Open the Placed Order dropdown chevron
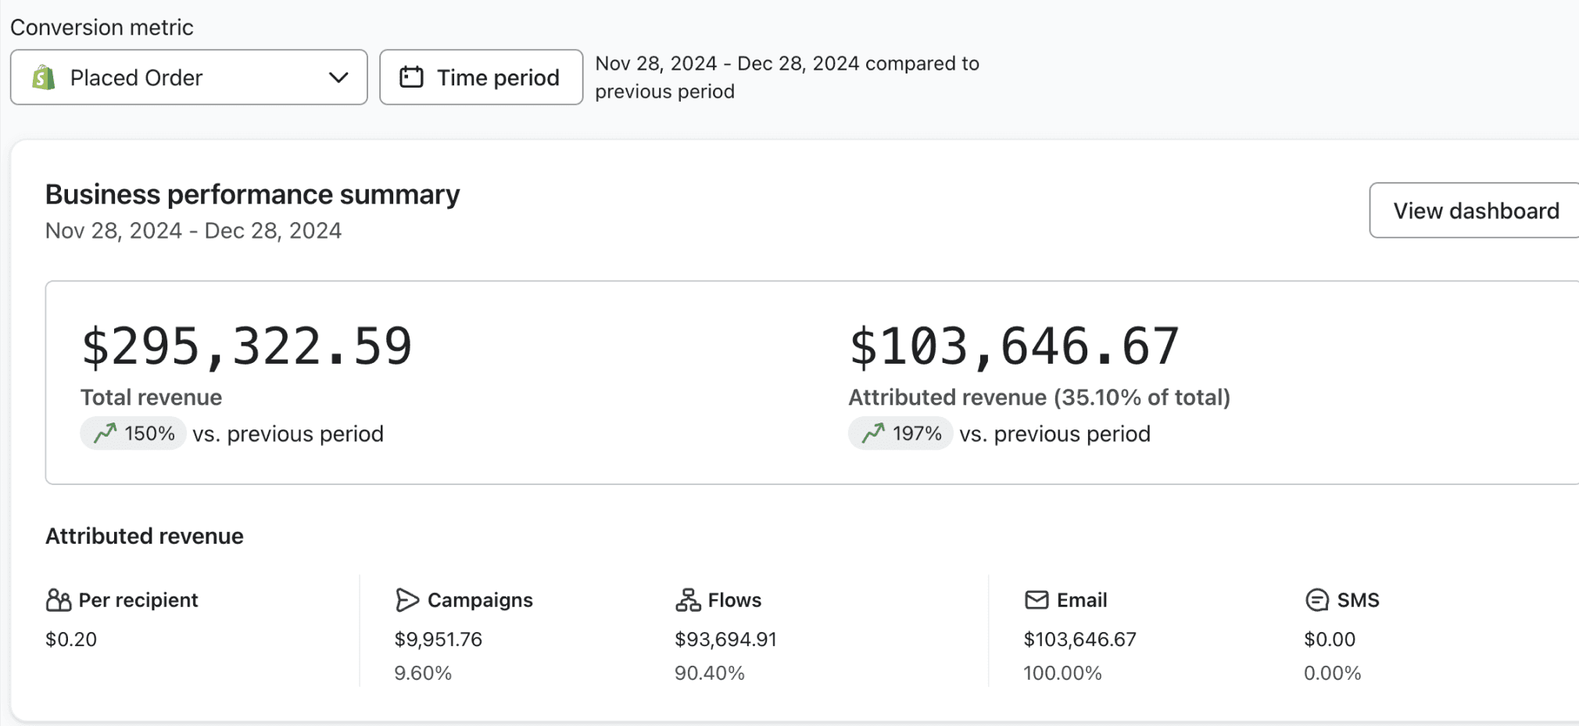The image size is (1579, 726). point(338,77)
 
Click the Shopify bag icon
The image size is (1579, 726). point(44,77)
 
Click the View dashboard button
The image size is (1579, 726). point(1475,210)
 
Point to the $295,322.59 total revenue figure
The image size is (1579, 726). point(247,347)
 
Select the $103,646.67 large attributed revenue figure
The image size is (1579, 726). point(1015,347)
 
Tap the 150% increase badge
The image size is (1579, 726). point(133,433)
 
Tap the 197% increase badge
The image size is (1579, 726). point(900,433)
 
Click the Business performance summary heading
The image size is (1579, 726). point(252,194)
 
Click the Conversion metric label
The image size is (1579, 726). point(102,27)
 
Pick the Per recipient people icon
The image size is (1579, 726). point(59,600)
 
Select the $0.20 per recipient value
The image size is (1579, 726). point(71,639)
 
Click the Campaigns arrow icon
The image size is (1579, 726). point(407,600)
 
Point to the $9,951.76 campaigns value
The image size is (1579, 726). point(439,639)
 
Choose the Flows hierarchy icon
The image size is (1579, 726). point(688,600)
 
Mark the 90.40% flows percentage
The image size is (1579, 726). point(710,673)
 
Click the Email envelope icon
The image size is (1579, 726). point(1037,600)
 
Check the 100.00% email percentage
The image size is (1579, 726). point(1062,673)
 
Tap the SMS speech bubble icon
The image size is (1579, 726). point(1317,600)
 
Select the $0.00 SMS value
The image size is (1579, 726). point(1330,639)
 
